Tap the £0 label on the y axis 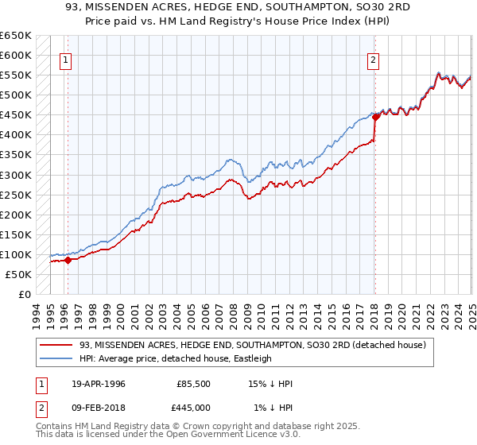coord(25,294)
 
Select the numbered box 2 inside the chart coord(373,58)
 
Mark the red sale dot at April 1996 coord(68,260)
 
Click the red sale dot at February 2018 coord(375,117)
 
